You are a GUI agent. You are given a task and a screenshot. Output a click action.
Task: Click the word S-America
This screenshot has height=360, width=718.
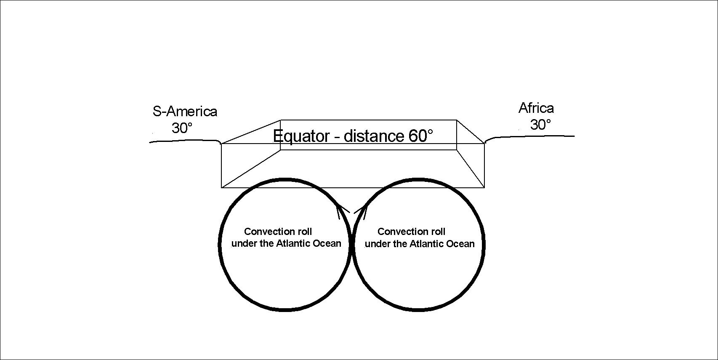click(185, 112)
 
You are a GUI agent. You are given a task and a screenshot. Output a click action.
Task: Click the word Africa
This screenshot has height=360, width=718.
click(536, 108)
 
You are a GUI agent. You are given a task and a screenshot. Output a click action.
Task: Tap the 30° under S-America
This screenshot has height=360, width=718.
click(182, 128)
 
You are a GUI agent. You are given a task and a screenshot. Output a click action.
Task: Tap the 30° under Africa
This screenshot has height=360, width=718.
click(540, 125)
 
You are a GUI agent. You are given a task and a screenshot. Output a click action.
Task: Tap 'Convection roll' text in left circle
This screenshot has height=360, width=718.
click(278, 232)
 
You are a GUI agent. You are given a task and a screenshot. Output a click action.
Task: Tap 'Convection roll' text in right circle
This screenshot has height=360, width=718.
click(411, 232)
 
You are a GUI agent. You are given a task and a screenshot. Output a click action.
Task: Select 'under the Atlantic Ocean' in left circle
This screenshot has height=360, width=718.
click(286, 244)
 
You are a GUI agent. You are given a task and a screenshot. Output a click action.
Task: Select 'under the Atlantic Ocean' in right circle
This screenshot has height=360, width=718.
click(420, 244)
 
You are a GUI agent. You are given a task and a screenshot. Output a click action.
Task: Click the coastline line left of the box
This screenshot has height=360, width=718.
click(185, 141)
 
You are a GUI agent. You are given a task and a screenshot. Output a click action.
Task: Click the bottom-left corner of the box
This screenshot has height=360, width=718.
click(222, 187)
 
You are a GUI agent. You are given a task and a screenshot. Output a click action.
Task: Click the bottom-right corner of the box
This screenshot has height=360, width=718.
click(484, 187)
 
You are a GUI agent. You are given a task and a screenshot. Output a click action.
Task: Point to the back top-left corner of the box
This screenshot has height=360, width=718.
click(281, 120)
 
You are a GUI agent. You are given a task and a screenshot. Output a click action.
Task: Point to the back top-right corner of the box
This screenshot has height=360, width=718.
click(457, 120)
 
